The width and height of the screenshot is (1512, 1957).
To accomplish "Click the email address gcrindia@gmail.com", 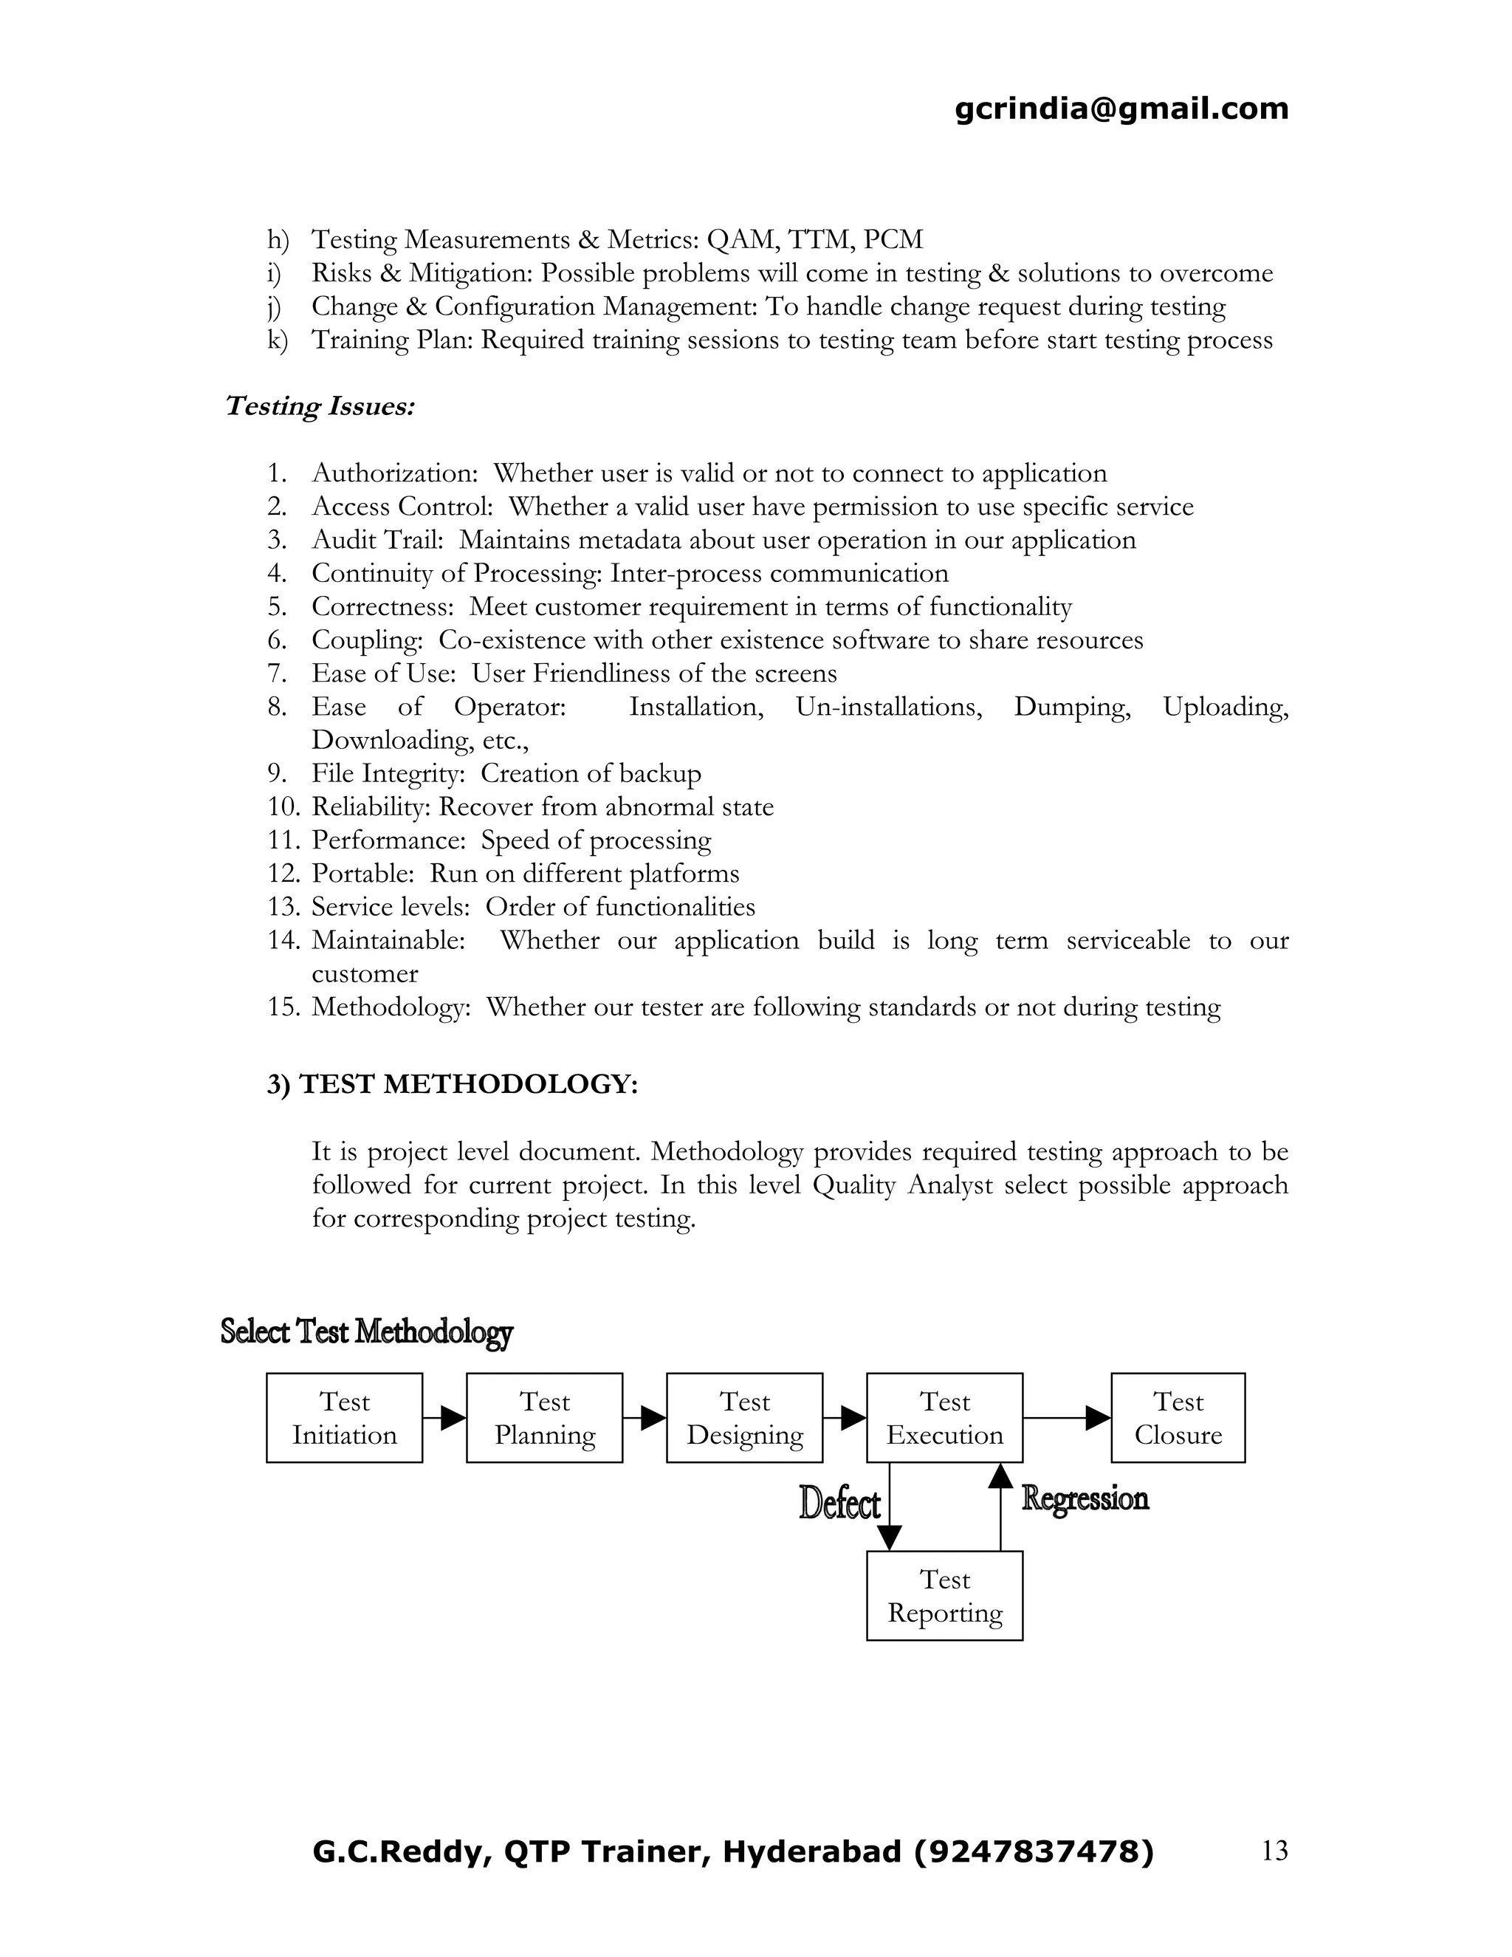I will [x=1121, y=109].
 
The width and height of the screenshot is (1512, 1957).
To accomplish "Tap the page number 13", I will [x=1274, y=1851].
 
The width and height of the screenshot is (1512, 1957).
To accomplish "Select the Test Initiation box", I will [x=344, y=1418].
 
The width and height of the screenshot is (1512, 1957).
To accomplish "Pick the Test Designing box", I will [x=744, y=1418].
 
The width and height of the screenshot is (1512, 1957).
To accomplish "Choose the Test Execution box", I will [x=944, y=1418].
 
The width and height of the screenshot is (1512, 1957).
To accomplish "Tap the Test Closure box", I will [x=1177, y=1418].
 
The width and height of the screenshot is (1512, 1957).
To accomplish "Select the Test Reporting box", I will [x=944, y=1596].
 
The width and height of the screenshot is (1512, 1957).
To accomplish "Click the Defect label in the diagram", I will [x=839, y=1504].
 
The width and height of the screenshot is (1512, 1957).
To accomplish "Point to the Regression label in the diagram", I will [x=1085, y=1498].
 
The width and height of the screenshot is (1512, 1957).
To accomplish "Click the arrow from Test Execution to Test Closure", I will [x=1066, y=1418].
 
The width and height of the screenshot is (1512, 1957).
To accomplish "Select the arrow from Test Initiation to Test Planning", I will [x=444, y=1418].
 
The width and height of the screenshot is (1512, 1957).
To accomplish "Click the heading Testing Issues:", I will [x=320, y=406].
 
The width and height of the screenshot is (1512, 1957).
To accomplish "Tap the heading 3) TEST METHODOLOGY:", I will [x=453, y=1084].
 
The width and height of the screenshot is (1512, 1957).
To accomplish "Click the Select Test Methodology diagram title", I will [x=366, y=1331].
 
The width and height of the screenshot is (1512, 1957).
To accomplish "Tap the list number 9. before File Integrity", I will [x=277, y=773].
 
